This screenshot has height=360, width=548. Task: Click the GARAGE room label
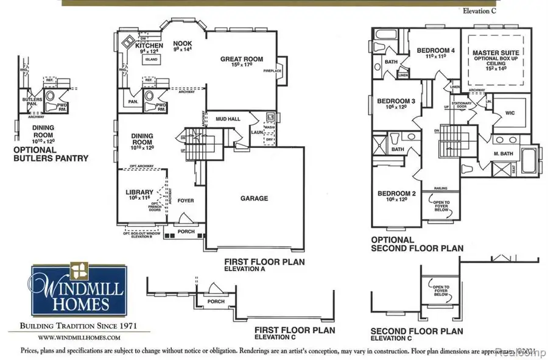coord(254,198)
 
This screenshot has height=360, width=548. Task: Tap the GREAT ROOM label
coord(242,59)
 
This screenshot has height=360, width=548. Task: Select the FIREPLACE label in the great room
coord(272,71)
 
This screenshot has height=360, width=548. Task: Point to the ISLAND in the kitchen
coord(151,60)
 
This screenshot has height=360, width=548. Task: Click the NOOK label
coord(182,44)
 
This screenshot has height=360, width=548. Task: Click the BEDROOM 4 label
coord(435,50)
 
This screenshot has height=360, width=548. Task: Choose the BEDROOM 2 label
coord(396,194)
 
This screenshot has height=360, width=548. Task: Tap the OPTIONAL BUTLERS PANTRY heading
coord(51,154)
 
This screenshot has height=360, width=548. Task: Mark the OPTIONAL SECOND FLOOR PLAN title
coord(417,244)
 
